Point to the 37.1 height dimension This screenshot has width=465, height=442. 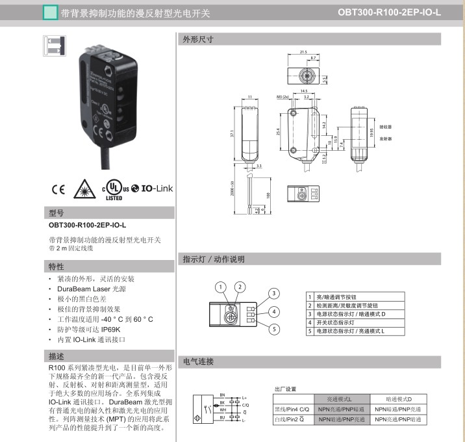pos(231,133)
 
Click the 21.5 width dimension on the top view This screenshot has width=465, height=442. pos(303,52)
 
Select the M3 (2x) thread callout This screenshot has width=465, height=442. pos(283,96)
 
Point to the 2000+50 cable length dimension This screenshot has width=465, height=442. pos(232,188)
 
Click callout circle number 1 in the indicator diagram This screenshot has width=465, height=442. pos(221,287)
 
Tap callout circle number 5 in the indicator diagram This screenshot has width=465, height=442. pos(275,330)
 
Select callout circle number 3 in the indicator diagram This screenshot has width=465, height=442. pos(275,293)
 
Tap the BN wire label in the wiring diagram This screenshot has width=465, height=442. pos(222,395)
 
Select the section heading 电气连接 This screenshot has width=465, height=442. pos(199,361)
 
